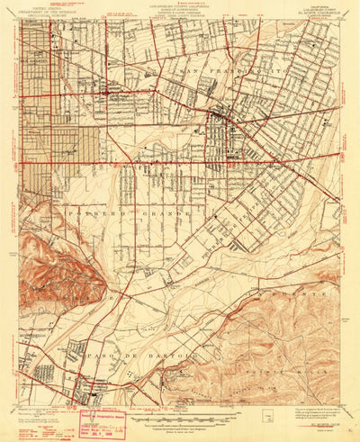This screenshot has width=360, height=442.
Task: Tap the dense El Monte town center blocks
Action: tap(221, 119)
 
